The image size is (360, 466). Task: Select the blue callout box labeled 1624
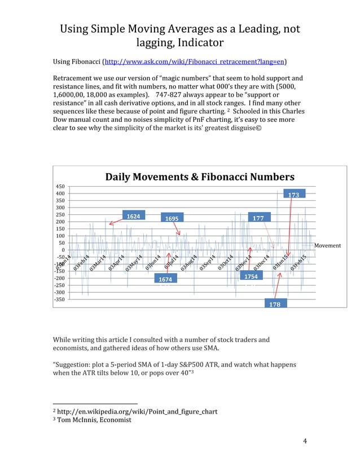point(133,216)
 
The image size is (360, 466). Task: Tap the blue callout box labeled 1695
point(173,218)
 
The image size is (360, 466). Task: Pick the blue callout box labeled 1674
point(165,279)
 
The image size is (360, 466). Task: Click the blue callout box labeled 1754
point(251,276)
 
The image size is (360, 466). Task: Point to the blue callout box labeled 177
point(258,218)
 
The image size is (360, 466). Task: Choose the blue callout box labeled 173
point(293,194)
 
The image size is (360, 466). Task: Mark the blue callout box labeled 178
point(275,304)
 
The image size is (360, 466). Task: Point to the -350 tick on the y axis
point(59,300)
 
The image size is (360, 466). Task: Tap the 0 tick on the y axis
point(63,250)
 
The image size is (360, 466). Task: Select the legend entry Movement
point(327,246)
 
